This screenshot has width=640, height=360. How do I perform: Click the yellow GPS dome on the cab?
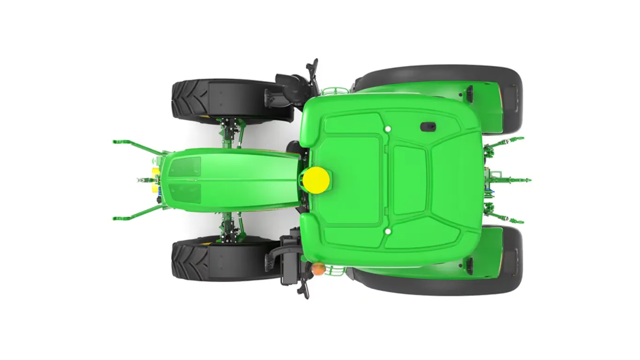point(316,180)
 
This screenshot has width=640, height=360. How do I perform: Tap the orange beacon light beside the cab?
point(318,269)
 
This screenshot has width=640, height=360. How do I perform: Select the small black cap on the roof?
point(428,127)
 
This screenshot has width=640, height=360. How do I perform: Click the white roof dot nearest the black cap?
point(388,129)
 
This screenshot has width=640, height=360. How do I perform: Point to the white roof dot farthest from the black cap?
point(388,231)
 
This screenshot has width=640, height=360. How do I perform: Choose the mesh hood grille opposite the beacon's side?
point(185,166)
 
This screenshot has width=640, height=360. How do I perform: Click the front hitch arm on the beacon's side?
point(136,213)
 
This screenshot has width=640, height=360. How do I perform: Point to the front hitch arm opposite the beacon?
point(136,145)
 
